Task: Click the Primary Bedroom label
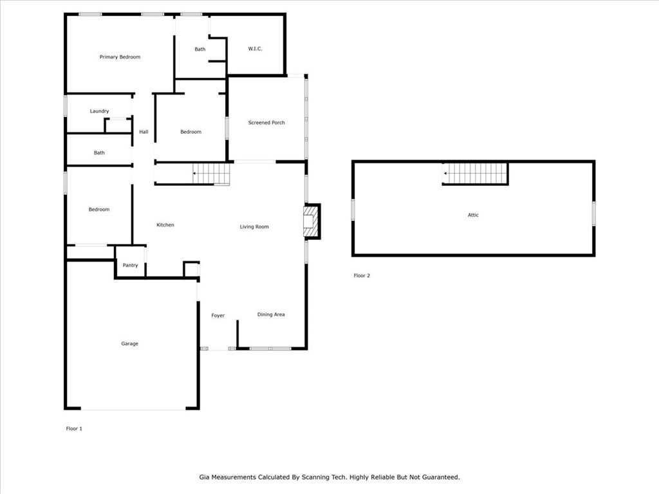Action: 120,57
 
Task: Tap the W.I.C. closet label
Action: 255,49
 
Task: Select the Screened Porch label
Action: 266,123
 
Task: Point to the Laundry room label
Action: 99,111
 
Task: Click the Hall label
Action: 144,132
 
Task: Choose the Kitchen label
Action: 165,225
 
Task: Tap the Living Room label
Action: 254,227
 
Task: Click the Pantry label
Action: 130,266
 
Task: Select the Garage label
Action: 129,343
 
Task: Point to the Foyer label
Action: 218,315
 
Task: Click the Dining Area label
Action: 271,315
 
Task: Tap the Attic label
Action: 473,215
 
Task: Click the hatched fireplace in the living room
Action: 311,221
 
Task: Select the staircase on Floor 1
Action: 211,174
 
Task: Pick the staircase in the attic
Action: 475,174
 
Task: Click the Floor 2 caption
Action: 362,276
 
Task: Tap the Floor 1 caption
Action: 74,429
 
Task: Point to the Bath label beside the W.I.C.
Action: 200,50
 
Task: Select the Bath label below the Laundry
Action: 99,153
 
